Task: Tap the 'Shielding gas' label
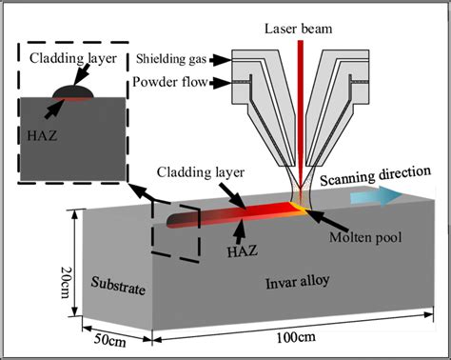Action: [x=172, y=57]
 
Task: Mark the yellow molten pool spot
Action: [x=304, y=203]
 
